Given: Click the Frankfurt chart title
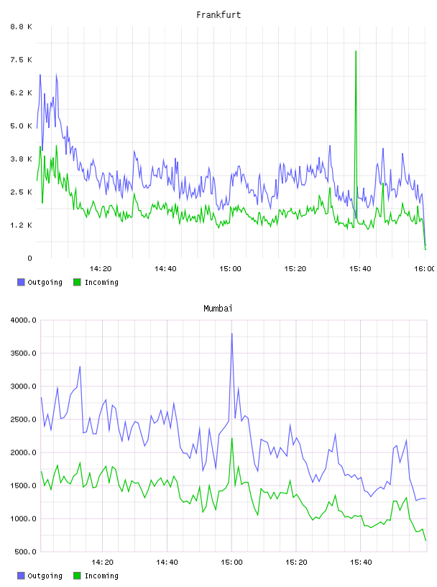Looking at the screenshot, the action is click(218, 15).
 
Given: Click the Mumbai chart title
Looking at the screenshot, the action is click(218, 309).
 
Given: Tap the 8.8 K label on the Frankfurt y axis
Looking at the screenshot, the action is click(21, 27).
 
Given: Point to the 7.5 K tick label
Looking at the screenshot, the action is click(21, 60).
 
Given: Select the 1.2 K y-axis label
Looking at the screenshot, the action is click(21, 225).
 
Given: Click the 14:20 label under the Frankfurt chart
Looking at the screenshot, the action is click(101, 269).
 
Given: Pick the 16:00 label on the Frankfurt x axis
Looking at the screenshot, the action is click(425, 269).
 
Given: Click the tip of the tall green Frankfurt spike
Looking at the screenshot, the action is click(356, 51).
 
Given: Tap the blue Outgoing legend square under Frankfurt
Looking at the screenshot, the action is click(21, 282).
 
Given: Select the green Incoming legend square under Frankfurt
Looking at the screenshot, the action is click(77, 282).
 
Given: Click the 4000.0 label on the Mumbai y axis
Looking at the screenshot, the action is click(23, 320).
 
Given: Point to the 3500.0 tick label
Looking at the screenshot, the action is click(23, 353).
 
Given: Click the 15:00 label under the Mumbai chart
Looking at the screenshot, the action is click(231, 563).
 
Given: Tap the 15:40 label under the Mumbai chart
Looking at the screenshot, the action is click(361, 563).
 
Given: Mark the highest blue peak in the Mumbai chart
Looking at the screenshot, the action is click(232, 334).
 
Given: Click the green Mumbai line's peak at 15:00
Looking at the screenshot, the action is click(232, 438).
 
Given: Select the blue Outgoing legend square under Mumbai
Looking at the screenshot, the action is click(21, 575).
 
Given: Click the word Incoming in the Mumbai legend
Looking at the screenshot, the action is click(101, 575).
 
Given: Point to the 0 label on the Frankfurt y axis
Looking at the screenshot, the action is click(29, 258).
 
